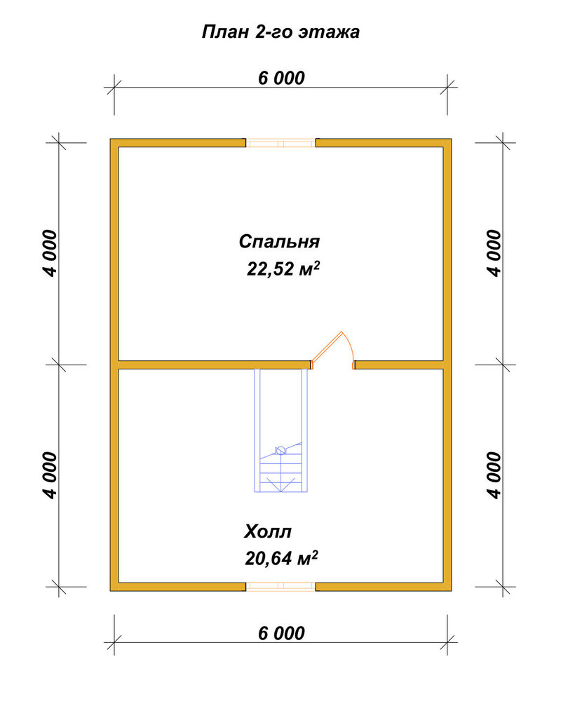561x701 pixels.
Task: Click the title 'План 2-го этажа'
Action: coord(280,32)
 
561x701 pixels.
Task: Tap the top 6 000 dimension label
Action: coord(281,78)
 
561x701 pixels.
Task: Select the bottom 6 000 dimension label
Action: coord(281,633)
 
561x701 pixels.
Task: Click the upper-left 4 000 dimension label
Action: coord(50,254)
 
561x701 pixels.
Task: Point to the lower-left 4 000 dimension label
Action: coord(50,475)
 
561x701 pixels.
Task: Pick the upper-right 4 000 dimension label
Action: coord(494,254)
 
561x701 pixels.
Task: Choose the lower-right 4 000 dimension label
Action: coord(494,475)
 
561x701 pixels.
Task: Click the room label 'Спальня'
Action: coord(279,241)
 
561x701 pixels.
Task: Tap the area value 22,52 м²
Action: coord(283,268)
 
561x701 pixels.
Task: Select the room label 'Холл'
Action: coord(267,531)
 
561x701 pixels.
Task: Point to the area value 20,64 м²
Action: coord(281,558)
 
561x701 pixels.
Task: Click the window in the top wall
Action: coord(281,143)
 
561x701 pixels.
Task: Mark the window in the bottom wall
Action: coord(281,587)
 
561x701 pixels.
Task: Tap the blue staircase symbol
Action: coord(281,430)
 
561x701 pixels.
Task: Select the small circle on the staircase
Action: coord(280,450)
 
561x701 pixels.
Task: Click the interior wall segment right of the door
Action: coord(399,365)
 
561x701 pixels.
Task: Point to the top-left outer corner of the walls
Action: coord(111,139)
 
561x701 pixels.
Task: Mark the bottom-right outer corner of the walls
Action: coord(452,590)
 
